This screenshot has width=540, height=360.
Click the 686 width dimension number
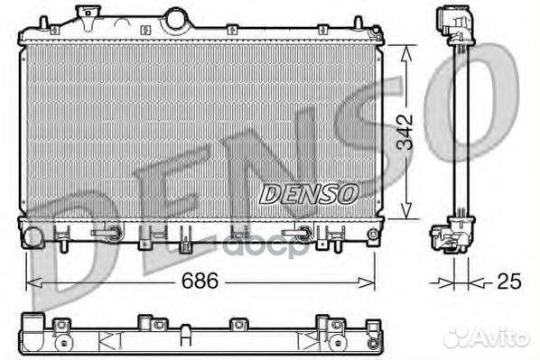(200, 281)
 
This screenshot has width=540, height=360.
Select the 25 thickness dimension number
(508, 282)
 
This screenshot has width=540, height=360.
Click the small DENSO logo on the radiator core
(309, 192)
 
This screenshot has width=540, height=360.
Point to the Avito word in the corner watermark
(503, 337)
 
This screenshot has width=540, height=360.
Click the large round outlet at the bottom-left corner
(32, 238)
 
